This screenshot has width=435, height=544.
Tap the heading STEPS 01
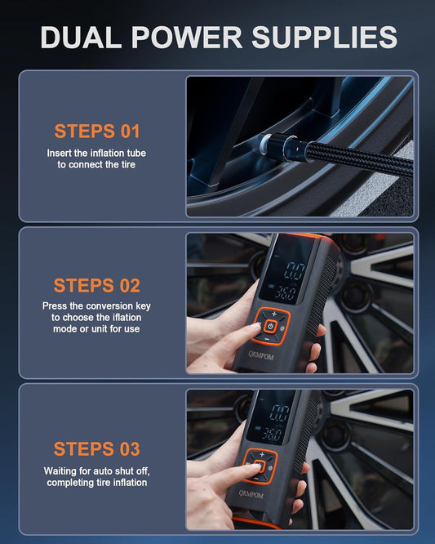coord(97,131)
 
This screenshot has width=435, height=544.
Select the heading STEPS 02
coord(97,286)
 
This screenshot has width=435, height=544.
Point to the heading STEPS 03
coord(97,448)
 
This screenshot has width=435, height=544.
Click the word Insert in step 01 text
coord(62,153)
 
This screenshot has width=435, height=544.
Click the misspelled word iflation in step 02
coord(124,317)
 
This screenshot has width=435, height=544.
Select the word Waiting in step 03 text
coord(62,471)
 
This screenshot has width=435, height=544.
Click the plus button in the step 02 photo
coord(274,314)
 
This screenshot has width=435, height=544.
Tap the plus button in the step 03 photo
coord(262,454)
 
